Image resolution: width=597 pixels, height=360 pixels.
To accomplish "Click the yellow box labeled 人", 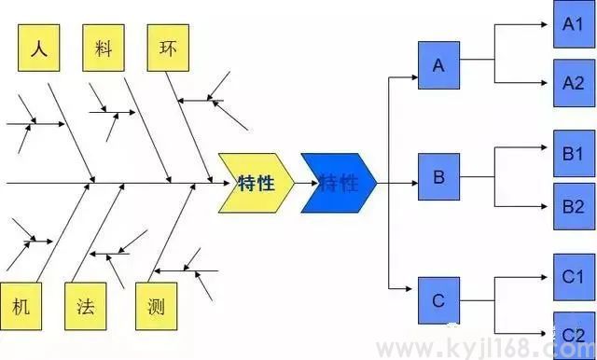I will (x=39, y=48).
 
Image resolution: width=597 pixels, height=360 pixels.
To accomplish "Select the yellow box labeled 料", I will (x=104, y=48).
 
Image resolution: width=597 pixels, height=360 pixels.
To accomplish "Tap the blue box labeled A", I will (x=439, y=65).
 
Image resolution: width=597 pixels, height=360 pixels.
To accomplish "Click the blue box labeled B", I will (x=439, y=175).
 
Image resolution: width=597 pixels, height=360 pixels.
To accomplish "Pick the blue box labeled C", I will (x=439, y=300).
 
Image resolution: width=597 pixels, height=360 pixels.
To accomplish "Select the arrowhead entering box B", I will (x=413, y=183).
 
